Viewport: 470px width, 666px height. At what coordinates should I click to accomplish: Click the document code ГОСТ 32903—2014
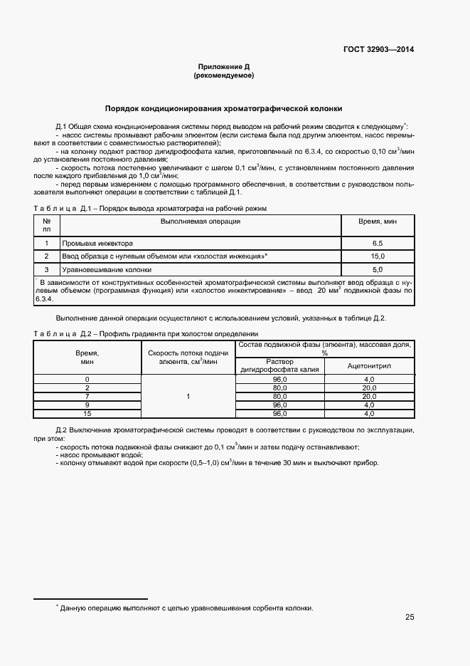point(378,50)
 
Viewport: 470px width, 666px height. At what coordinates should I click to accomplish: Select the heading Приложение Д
point(223,66)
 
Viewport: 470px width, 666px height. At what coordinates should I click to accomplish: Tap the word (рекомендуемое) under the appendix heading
point(223,75)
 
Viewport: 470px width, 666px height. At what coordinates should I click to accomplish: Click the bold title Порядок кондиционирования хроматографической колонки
point(223,109)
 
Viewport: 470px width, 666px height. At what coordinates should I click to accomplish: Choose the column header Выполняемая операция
point(201,221)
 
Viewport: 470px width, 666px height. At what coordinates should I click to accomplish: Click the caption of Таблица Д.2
point(146,333)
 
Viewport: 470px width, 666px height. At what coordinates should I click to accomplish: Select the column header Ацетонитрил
point(369,365)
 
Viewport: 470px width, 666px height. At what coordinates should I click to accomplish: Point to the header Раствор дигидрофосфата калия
point(279,365)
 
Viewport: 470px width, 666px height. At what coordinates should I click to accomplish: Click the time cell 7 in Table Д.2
point(87,396)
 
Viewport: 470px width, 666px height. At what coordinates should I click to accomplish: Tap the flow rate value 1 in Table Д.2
point(188,396)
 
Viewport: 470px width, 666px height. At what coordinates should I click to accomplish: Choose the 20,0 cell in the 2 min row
point(369,387)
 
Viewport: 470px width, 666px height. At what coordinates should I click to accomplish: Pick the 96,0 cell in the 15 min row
point(279,413)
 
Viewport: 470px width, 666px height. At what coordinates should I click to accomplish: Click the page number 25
point(410,617)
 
